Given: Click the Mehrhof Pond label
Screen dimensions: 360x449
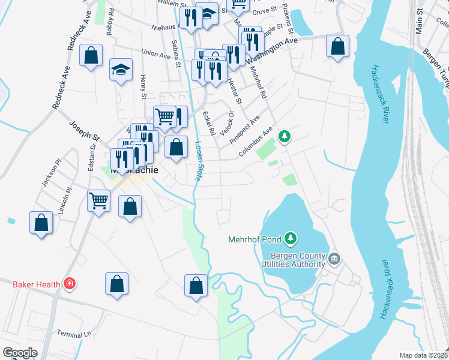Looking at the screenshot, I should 255,239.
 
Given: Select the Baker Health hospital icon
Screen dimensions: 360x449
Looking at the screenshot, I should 70,283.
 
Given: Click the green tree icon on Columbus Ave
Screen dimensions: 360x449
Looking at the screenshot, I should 285,137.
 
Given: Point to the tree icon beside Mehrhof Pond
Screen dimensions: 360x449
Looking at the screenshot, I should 291,239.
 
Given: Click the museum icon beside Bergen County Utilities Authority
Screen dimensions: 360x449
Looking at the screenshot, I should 334,259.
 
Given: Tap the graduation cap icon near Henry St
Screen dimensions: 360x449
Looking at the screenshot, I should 121,70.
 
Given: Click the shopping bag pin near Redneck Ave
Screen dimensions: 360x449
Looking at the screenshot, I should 91,56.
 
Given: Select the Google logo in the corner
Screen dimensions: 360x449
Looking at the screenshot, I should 19,353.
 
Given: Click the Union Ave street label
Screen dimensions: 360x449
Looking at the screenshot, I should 155,54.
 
